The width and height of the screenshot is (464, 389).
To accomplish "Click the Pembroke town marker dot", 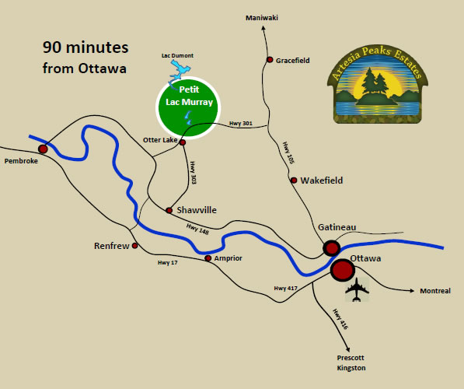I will click(x=43, y=148).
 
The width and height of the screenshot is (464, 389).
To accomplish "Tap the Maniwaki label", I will click(x=261, y=17).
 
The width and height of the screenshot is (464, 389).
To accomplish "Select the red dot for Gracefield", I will click(x=270, y=60).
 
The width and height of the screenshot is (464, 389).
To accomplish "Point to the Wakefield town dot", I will click(x=294, y=180).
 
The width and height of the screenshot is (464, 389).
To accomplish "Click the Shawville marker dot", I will click(x=169, y=210).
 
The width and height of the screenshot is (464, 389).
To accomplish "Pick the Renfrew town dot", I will click(x=135, y=246).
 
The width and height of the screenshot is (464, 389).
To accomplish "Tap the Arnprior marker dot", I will click(x=208, y=258).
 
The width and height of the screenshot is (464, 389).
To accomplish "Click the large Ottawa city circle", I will click(x=342, y=270).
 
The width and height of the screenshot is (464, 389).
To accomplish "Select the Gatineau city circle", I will click(x=331, y=248).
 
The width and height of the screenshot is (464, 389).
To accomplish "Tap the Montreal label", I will click(x=434, y=291).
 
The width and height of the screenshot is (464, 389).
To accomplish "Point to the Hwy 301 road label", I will click(x=241, y=123).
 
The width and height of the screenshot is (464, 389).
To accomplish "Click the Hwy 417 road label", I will click(x=285, y=289).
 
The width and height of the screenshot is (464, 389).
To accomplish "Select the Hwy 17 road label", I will click(x=167, y=263).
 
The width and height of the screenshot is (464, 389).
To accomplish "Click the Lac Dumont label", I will click(x=179, y=56).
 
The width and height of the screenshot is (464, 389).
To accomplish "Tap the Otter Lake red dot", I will click(x=183, y=142).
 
